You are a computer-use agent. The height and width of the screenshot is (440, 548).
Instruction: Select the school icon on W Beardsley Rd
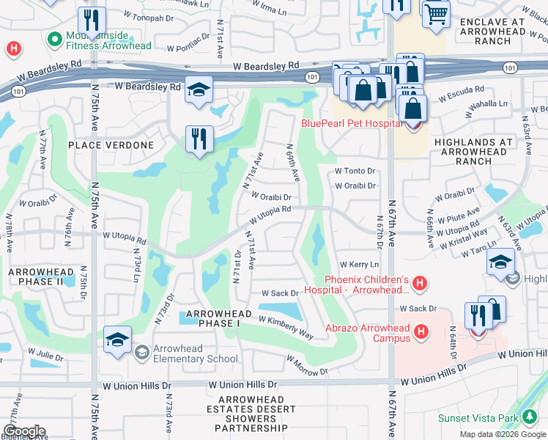199,89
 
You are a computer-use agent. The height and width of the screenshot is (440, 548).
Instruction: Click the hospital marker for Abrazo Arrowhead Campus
421,333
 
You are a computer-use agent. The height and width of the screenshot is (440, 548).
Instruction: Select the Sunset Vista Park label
478,418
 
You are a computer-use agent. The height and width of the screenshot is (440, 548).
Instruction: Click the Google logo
24,431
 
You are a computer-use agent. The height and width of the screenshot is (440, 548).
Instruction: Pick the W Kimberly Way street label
286,328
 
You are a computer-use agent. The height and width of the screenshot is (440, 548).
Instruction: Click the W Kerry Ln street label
359,264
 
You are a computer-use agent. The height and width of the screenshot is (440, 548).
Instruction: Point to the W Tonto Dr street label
355,171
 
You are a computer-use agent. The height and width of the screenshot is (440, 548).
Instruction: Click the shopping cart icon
436,13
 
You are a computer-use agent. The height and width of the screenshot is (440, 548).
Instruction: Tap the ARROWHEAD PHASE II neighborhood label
41,276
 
